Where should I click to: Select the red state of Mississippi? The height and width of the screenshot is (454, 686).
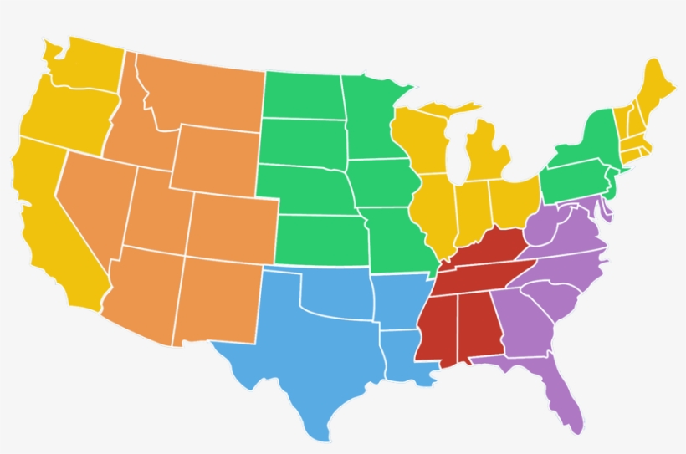437,326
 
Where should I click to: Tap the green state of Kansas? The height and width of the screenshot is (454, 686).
322,238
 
